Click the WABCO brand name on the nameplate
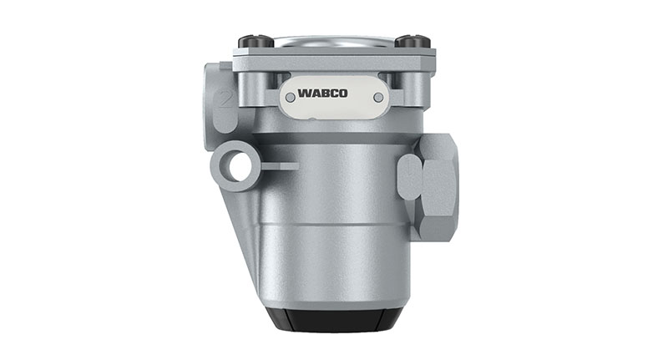pos(332,88)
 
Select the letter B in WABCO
pos(333,88)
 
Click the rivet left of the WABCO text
pos(290,98)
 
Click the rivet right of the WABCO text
pos(378,98)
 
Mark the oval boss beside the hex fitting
pos(409,177)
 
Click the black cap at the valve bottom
pos(332,318)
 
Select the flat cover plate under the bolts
pos(332,56)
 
